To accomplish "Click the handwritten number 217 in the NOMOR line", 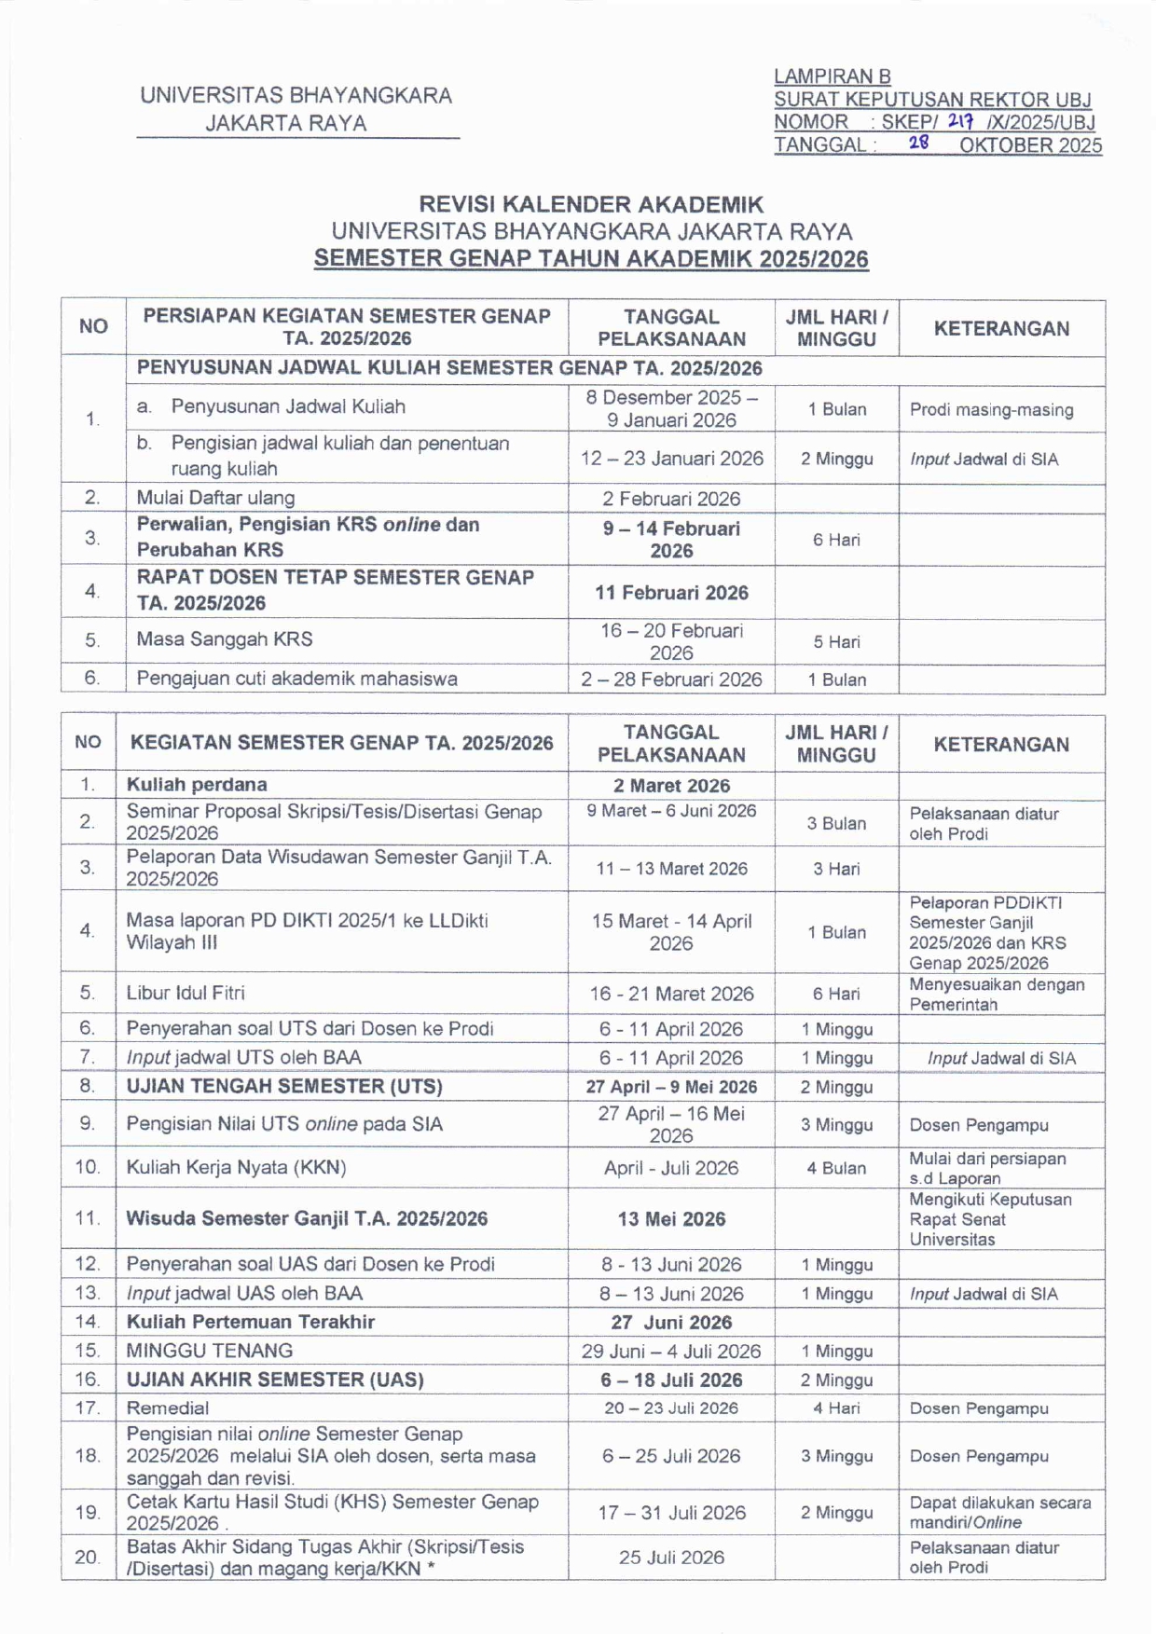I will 960,121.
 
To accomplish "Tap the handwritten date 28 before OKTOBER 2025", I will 919,144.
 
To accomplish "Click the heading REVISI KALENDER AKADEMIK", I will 591,204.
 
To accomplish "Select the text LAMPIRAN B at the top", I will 832,76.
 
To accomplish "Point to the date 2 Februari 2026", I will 671,499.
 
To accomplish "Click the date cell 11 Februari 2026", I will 671,593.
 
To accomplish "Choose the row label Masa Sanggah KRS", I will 225,639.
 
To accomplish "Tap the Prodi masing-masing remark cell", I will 991,410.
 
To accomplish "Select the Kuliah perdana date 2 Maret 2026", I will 671,786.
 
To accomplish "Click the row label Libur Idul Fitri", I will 186,994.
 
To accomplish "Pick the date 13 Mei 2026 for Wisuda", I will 671,1219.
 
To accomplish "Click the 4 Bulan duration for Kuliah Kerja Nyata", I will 836,1169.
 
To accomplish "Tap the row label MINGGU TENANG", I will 210,1352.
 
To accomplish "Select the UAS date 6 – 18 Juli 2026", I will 671,1380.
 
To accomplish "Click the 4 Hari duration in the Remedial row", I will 836,1408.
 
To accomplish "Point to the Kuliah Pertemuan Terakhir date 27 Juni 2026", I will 671,1323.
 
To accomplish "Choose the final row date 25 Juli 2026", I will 671,1558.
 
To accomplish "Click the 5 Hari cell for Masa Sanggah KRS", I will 836,642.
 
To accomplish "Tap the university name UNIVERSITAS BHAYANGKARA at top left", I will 296,95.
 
